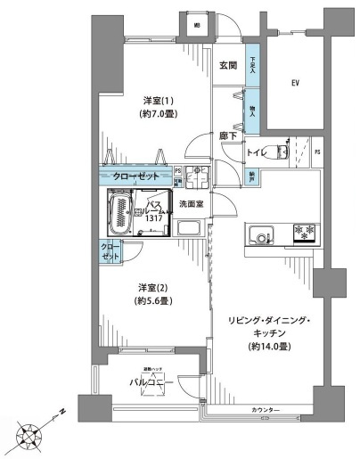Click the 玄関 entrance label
227,65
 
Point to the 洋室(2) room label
147,287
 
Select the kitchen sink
238,236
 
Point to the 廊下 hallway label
227,136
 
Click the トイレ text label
257,153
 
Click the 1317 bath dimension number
153,217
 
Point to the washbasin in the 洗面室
191,230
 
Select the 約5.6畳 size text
147,301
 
